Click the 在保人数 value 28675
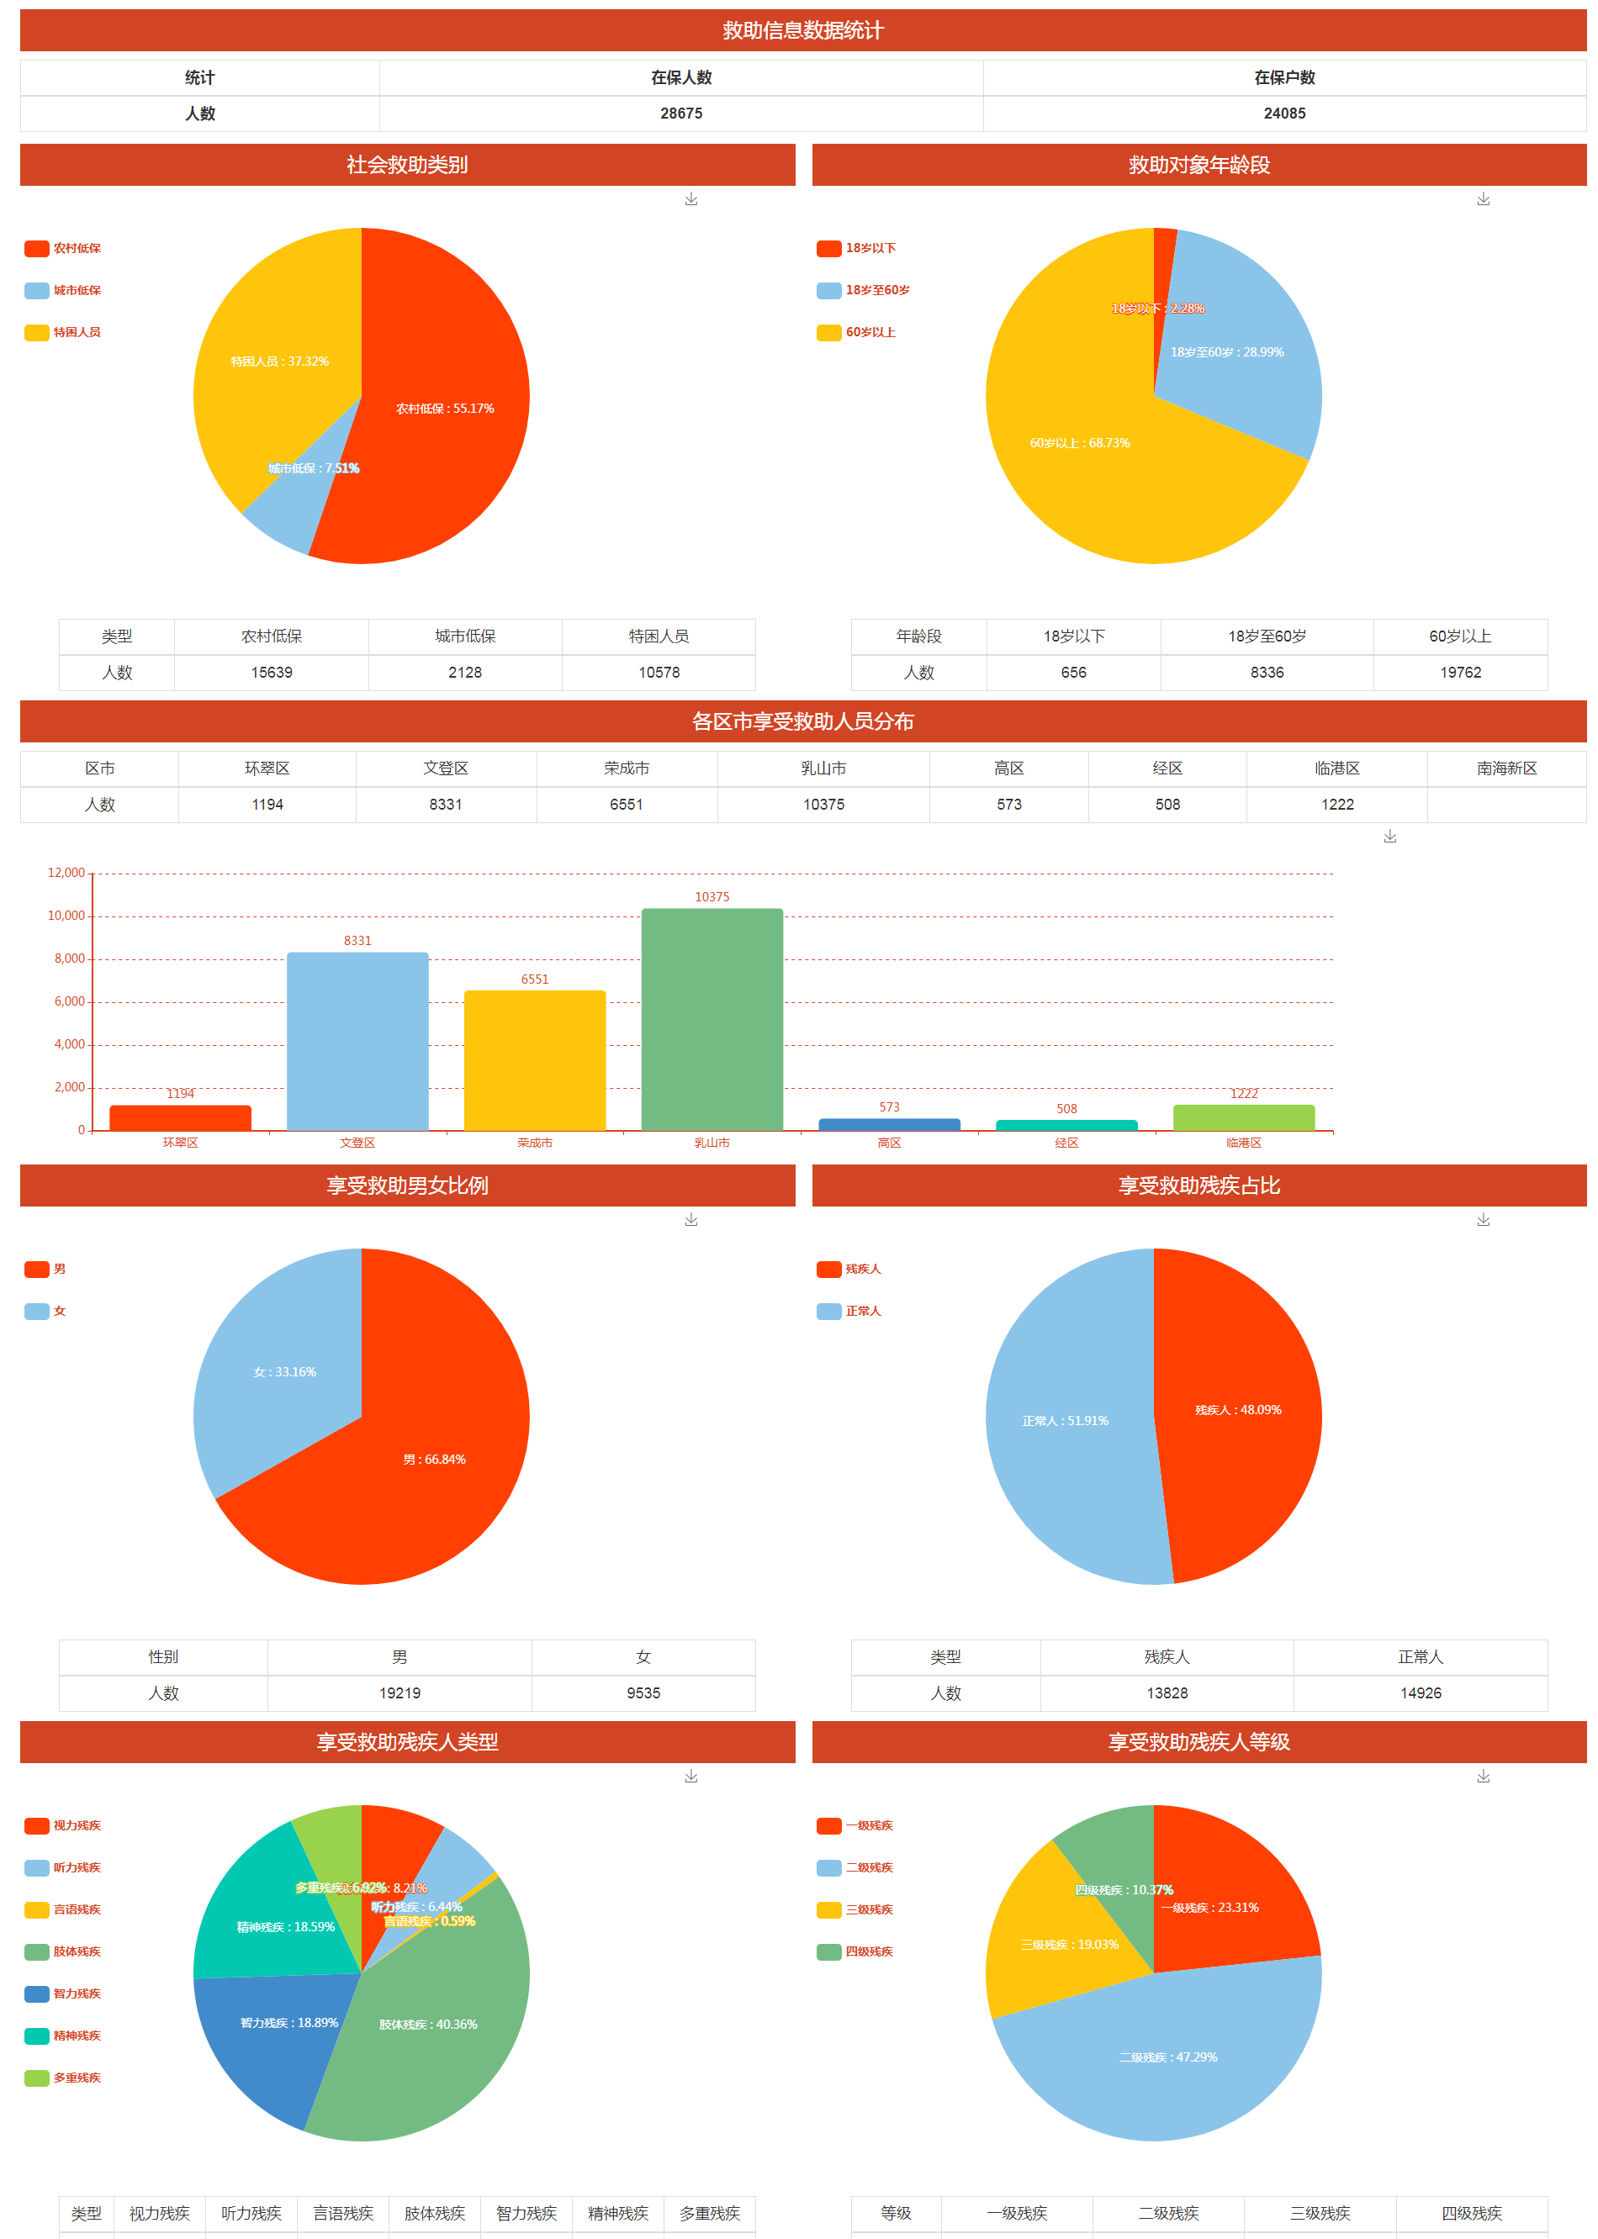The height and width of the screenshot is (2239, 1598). click(x=681, y=114)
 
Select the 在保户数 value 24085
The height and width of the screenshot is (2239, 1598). click(x=1284, y=114)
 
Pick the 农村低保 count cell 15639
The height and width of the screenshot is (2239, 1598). click(x=272, y=672)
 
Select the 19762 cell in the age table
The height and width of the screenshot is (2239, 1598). click(x=1460, y=672)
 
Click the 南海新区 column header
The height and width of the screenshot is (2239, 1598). click(x=1505, y=768)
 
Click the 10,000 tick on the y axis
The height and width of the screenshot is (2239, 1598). click(x=66, y=916)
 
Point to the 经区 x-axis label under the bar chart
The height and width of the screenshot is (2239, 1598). click(x=1066, y=1143)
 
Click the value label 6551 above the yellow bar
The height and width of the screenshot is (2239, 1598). click(x=534, y=979)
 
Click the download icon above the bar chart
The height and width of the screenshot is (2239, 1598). click(x=1389, y=837)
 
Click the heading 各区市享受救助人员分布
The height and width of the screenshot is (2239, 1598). click(x=802, y=721)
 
